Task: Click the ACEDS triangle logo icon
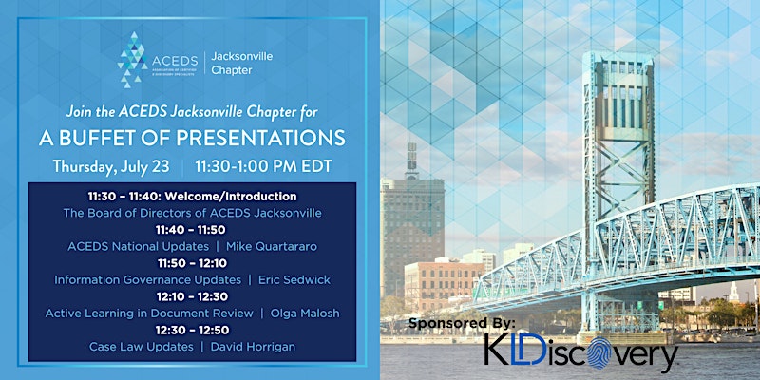coord(132,60)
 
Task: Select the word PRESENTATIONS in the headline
coord(260,138)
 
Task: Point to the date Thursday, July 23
coord(111,166)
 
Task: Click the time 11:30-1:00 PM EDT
coord(264,166)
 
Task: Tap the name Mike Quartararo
coord(272,247)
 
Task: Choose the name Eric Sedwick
coord(294,279)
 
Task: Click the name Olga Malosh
coord(305,313)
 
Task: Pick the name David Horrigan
coord(253,347)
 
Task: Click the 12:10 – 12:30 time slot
coord(193,296)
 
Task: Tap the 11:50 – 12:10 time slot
coord(193,263)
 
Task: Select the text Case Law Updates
coord(141,347)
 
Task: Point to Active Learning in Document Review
coord(149,313)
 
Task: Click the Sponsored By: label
coord(462,323)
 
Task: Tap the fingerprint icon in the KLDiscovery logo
coord(599,352)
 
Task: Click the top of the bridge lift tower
coord(619,55)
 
